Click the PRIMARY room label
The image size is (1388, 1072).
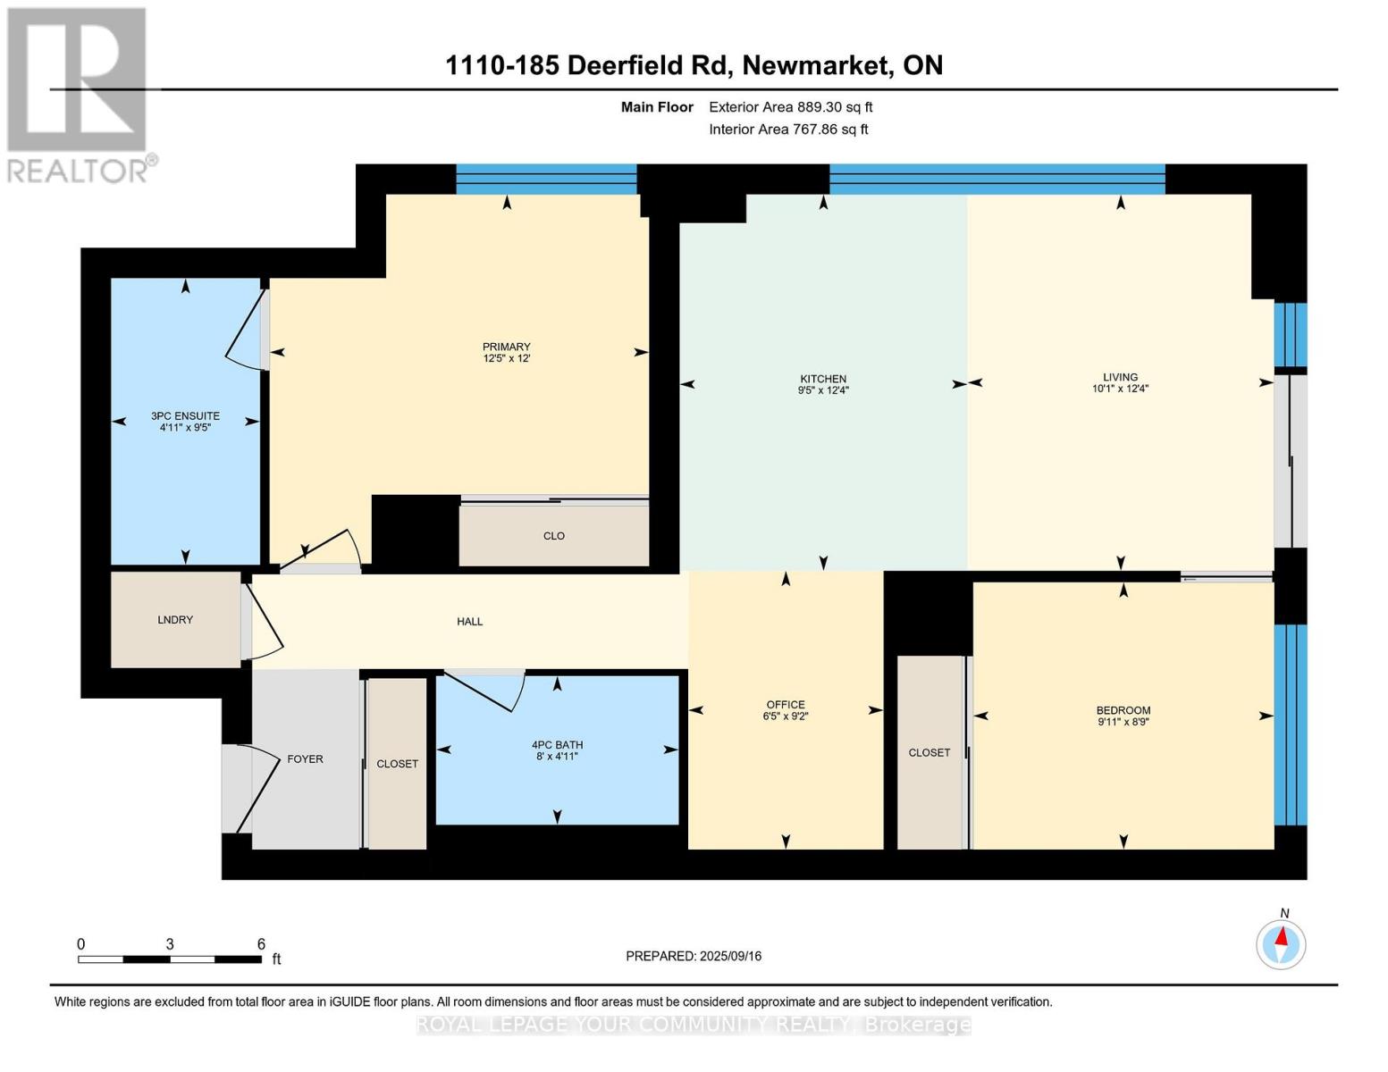pos(507,347)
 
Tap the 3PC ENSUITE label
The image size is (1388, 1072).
pos(185,416)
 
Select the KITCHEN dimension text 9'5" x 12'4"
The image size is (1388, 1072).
pos(823,390)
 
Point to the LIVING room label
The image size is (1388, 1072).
pos(1120,377)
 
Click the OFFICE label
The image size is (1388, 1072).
pos(786,705)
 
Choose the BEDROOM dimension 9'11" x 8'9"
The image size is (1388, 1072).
pos(1123,722)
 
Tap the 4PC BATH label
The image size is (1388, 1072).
pos(557,745)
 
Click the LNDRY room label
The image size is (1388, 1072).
pos(175,620)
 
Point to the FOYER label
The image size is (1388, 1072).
pos(305,759)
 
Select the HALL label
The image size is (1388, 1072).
pos(470,622)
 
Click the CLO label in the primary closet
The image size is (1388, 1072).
pos(554,536)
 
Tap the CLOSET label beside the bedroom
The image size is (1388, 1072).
pos(930,753)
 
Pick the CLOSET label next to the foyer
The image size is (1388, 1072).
pos(397,764)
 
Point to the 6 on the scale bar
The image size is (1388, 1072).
pos(261,944)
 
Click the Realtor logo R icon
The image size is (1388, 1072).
pos(76,80)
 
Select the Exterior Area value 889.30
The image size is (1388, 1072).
pos(820,107)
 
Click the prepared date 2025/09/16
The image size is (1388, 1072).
pos(730,956)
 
